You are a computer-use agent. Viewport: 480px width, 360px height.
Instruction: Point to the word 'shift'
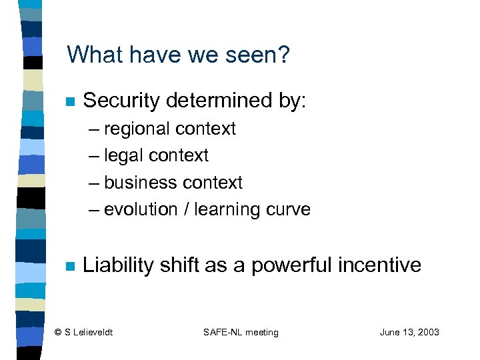tap(179, 265)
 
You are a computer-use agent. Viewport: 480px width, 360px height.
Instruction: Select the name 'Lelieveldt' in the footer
tap(93, 332)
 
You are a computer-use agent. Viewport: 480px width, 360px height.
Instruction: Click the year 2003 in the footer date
tap(427, 332)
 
